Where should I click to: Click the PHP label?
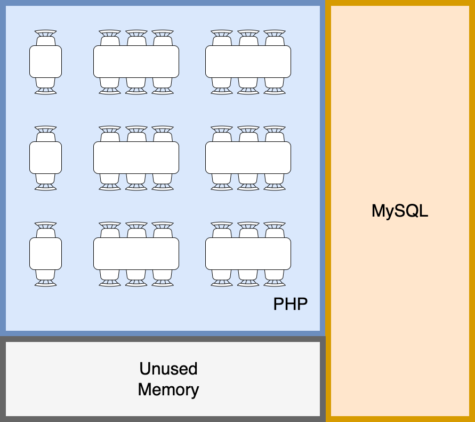tap(291, 304)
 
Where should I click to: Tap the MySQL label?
tap(400, 211)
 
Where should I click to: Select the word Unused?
tap(168, 369)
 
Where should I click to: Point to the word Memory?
tap(168, 389)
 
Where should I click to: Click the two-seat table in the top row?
tap(45, 62)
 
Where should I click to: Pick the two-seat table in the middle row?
tap(45, 158)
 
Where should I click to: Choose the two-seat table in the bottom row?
tap(45, 254)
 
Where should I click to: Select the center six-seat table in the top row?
tap(136, 62)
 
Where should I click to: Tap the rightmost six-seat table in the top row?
tap(248, 62)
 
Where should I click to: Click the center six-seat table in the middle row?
tap(136, 158)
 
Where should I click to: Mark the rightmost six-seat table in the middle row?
tap(248, 158)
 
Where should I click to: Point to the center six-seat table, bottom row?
tap(136, 254)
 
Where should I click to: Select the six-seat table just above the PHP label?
tap(248, 254)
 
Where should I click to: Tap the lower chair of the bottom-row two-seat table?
tap(45, 278)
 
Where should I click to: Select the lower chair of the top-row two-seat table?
tap(45, 86)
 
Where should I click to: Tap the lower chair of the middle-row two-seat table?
tap(45, 182)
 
